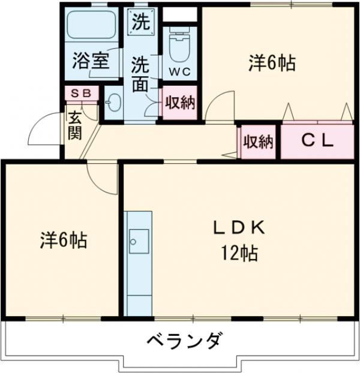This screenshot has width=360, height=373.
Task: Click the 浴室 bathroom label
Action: (91, 62)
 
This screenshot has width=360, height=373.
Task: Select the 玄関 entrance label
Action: (74, 125)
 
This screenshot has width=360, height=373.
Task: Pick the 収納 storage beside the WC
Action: (180, 103)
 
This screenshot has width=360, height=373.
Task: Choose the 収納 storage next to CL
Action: (258, 142)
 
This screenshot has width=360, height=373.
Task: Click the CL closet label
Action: (316, 142)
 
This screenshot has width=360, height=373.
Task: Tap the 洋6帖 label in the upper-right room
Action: (272, 64)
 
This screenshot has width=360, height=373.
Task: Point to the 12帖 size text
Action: (238, 254)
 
